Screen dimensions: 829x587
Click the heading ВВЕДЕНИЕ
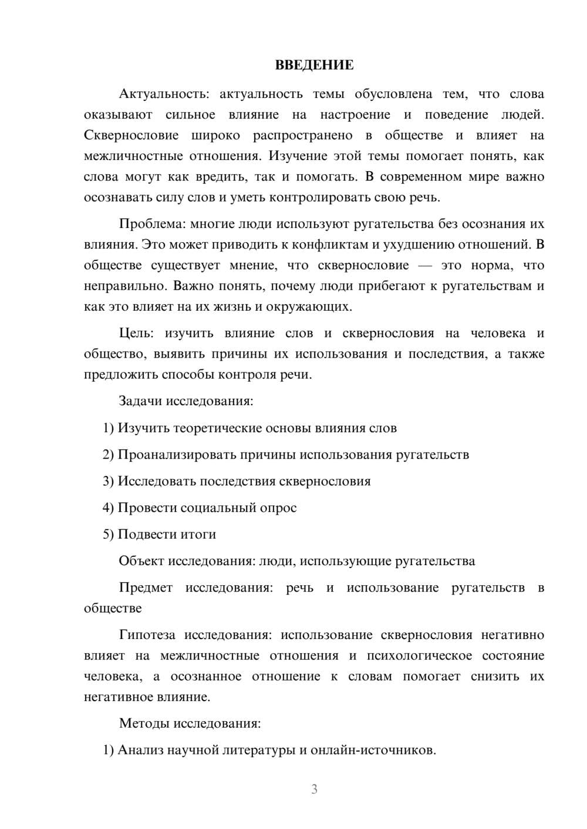tap(314, 65)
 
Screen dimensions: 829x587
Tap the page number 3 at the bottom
tap(314, 789)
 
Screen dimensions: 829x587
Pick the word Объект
tap(141, 561)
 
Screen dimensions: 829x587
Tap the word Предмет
tap(146, 588)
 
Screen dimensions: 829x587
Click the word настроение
tap(355, 115)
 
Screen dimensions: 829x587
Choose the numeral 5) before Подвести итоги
tap(108, 535)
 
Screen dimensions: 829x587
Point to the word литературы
tap(260, 750)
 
